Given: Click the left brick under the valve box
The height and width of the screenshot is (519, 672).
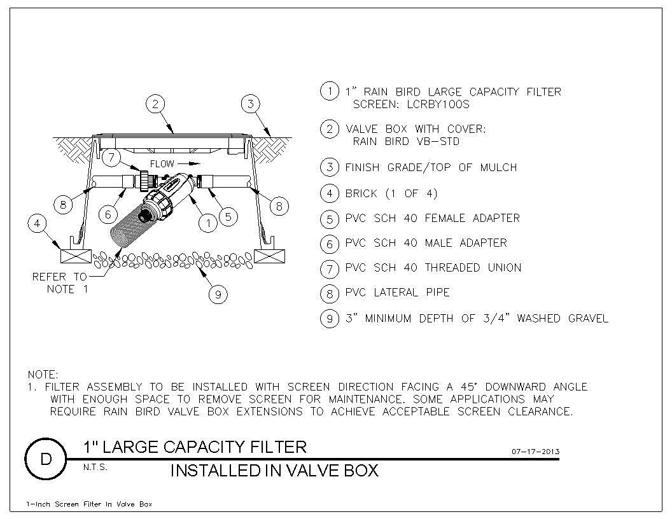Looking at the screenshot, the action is pos(76,256).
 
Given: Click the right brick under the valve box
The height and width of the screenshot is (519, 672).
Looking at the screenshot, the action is pos(270,256).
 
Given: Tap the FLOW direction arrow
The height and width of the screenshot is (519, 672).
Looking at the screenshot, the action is pos(189,163).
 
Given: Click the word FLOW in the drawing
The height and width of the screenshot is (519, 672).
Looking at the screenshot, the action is pos(162,163).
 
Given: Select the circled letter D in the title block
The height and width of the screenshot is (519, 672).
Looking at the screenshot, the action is pos(45,459).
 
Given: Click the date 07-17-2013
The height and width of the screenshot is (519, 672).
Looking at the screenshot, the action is pos(535,452).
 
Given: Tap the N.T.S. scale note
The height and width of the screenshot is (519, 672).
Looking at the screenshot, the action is pos(95,467).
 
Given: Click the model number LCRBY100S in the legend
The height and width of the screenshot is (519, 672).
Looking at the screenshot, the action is pos(438,104).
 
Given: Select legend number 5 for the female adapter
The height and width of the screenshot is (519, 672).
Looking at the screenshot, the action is pos(330,219).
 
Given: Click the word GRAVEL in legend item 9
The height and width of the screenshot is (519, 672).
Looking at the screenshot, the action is pos(588,318).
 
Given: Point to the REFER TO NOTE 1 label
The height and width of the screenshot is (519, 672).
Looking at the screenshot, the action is pos(60,283).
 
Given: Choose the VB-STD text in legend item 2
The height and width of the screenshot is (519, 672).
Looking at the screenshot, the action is pos(438,141).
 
